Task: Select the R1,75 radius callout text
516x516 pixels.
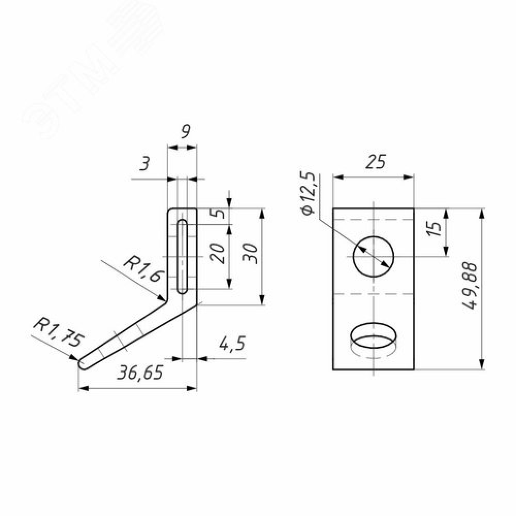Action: pos(59,332)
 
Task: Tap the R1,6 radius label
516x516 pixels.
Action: pos(144,271)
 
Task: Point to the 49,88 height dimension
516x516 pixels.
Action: pos(469,286)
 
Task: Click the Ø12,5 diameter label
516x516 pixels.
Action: pos(309,193)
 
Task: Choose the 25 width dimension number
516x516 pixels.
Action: pos(375,162)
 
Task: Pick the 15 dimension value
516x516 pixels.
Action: pos(436,228)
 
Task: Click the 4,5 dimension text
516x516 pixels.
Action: pos(232,344)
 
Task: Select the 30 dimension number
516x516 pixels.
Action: pos(250,253)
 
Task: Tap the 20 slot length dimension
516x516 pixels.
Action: pos(218,253)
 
